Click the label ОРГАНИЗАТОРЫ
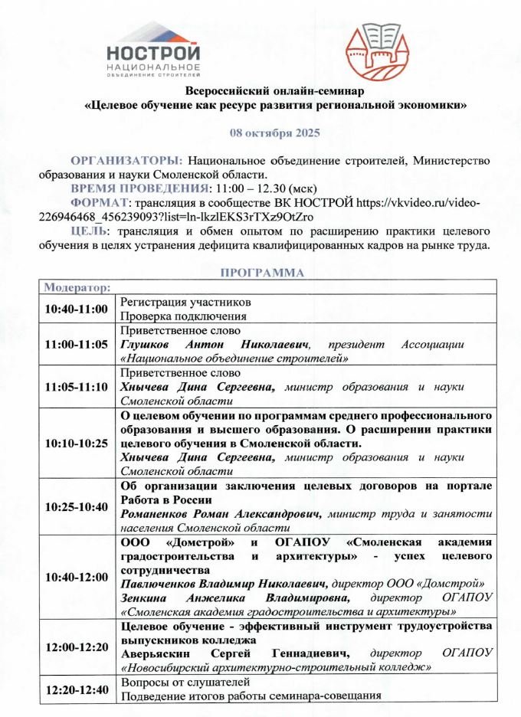[x=126, y=161]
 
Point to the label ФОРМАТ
[x=99, y=202]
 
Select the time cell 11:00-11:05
[x=77, y=344]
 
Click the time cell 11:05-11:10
[x=77, y=386]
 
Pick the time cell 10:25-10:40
[x=77, y=506]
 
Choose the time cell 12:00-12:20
[x=77, y=647]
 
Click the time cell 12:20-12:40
[x=77, y=689]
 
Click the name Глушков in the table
[x=150, y=344]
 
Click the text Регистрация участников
[x=185, y=302]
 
